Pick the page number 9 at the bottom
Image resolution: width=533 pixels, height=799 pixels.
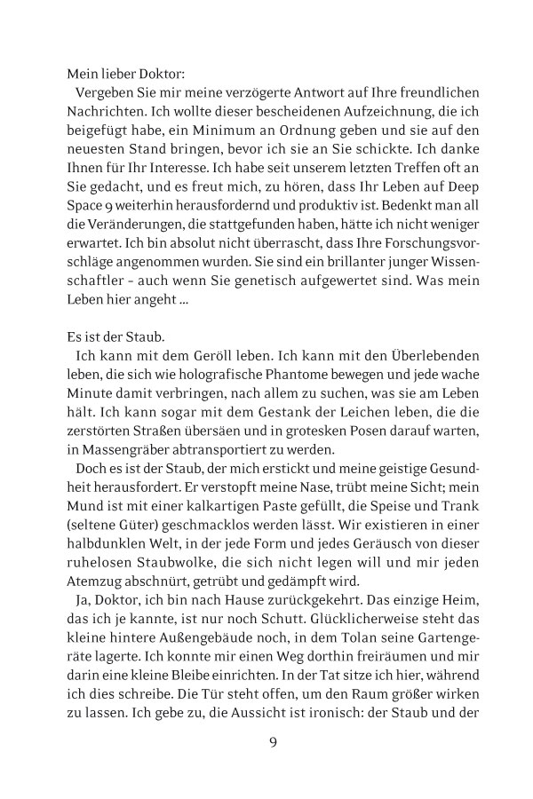click(x=273, y=742)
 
